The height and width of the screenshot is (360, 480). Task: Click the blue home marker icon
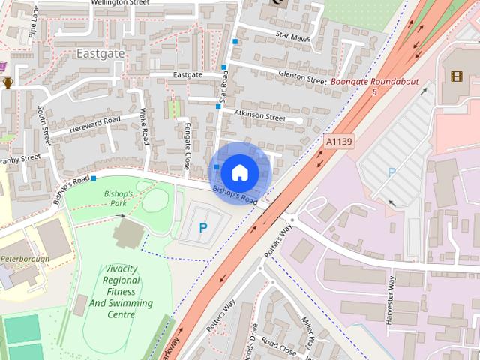pyautogui.click(x=239, y=172)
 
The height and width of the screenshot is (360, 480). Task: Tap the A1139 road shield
pyautogui.click(x=339, y=140)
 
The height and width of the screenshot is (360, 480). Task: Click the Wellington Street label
pyautogui.click(x=120, y=3)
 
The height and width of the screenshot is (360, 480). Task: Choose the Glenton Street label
pyautogui.click(x=302, y=77)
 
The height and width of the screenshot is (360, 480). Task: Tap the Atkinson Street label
pyautogui.click(x=259, y=115)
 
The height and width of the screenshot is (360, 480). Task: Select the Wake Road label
pyautogui.click(x=143, y=127)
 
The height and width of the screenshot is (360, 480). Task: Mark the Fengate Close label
pyautogui.click(x=187, y=145)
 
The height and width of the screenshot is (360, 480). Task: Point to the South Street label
pyautogui.click(x=43, y=124)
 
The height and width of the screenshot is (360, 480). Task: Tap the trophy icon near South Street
pyautogui.click(x=8, y=82)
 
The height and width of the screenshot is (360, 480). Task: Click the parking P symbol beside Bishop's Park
pyautogui.click(x=202, y=227)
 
